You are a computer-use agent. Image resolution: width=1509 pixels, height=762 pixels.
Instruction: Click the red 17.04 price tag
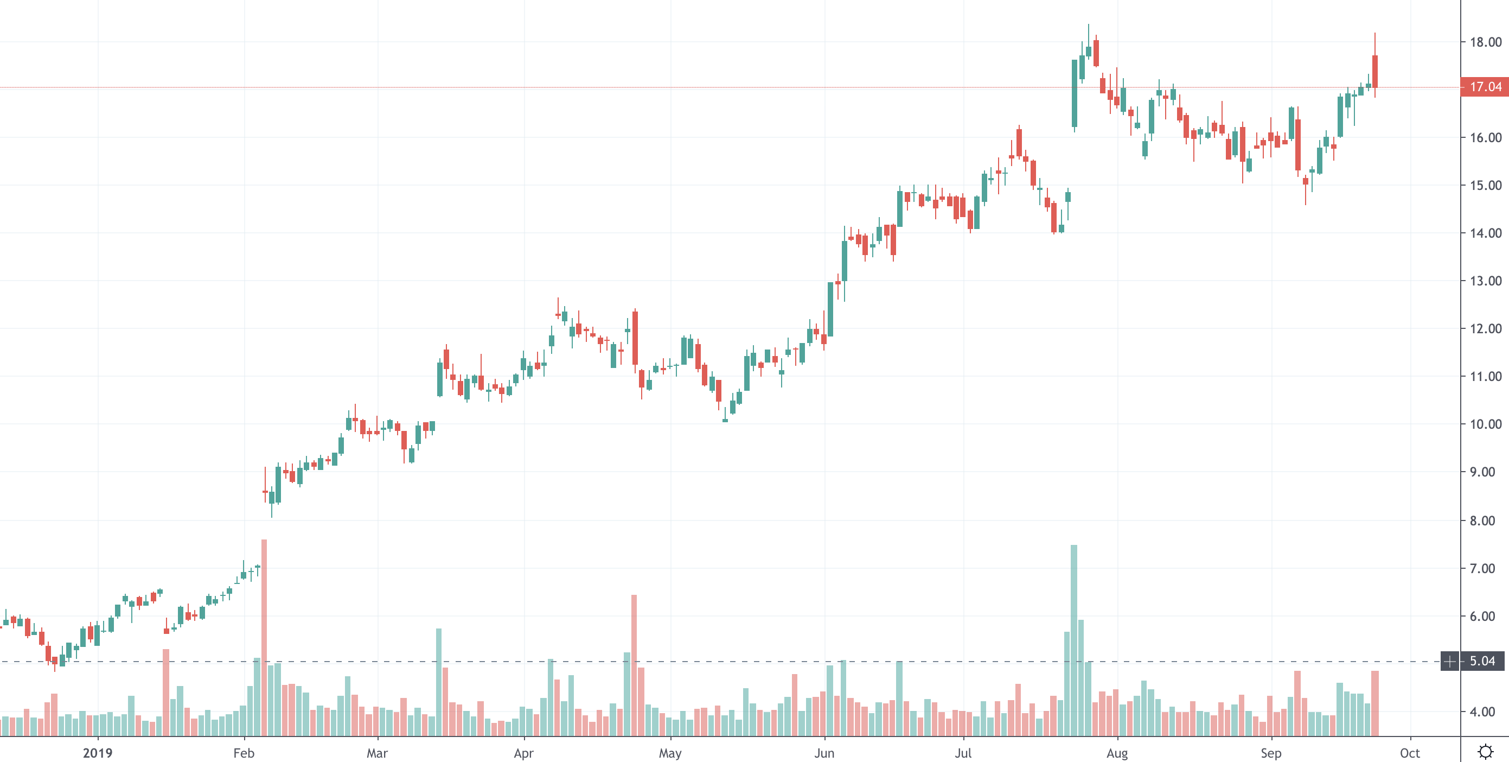1485,87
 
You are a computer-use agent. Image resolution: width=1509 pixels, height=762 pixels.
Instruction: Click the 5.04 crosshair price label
1482,661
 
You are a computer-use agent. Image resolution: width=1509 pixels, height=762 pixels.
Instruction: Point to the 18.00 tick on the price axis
1485,42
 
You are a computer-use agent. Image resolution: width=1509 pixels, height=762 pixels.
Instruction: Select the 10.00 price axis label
1485,424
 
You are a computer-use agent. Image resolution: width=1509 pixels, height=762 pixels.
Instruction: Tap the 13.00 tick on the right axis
1485,281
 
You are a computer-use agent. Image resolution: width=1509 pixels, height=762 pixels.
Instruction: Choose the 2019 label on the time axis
97,753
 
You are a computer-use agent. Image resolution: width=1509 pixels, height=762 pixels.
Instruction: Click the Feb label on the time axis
244,753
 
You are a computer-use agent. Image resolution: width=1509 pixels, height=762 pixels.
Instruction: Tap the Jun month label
824,753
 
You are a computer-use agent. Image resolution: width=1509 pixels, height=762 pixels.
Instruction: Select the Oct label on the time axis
1409,753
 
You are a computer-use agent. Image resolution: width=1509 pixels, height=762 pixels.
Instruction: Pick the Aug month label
1117,753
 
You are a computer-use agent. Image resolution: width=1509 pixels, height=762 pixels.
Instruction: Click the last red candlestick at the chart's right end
1375,72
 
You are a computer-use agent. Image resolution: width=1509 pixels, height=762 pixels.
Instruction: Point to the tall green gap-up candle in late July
1075,93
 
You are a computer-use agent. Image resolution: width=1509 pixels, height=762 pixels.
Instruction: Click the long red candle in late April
635,338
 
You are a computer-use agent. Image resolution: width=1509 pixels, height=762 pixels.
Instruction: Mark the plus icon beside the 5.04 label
1450,662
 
